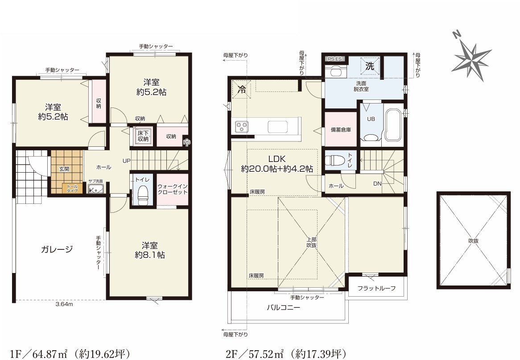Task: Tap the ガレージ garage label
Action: [57, 249]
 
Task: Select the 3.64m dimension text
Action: [64, 304]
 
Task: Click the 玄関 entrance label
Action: [64, 169]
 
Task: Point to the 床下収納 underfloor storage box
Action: [144, 136]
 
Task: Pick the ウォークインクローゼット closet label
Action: [172, 189]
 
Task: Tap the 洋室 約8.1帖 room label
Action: [150, 250]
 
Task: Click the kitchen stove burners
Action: [241, 127]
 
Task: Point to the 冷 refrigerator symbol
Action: [242, 89]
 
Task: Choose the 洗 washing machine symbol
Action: [369, 66]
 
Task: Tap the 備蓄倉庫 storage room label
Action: [341, 130]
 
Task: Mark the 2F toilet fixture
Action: [334, 161]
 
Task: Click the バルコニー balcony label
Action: [284, 307]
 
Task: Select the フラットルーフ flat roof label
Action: [376, 288]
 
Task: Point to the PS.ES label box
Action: [334, 59]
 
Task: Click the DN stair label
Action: [377, 183]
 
